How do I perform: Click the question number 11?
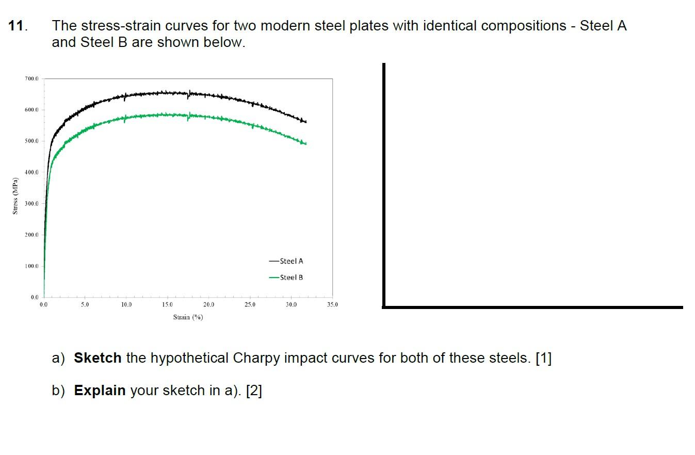(18, 26)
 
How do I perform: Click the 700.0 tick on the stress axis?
(31, 78)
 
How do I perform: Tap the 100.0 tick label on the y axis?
(31, 266)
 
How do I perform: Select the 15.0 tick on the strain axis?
(167, 305)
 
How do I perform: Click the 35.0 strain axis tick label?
(332, 305)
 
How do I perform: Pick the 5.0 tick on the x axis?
(85, 305)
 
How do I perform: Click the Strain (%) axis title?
(188, 317)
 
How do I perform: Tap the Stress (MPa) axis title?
(15, 196)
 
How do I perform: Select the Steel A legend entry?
(286, 261)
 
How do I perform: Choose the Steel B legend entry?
(286, 278)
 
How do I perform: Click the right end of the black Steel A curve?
(306, 122)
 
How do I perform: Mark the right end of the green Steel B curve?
(306, 143)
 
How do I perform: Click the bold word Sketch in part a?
(98, 358)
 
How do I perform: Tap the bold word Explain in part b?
(100, 391)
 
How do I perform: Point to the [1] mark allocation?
(543, 358)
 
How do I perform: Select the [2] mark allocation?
(254, 391)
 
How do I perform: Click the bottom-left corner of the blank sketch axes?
(384, 307)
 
